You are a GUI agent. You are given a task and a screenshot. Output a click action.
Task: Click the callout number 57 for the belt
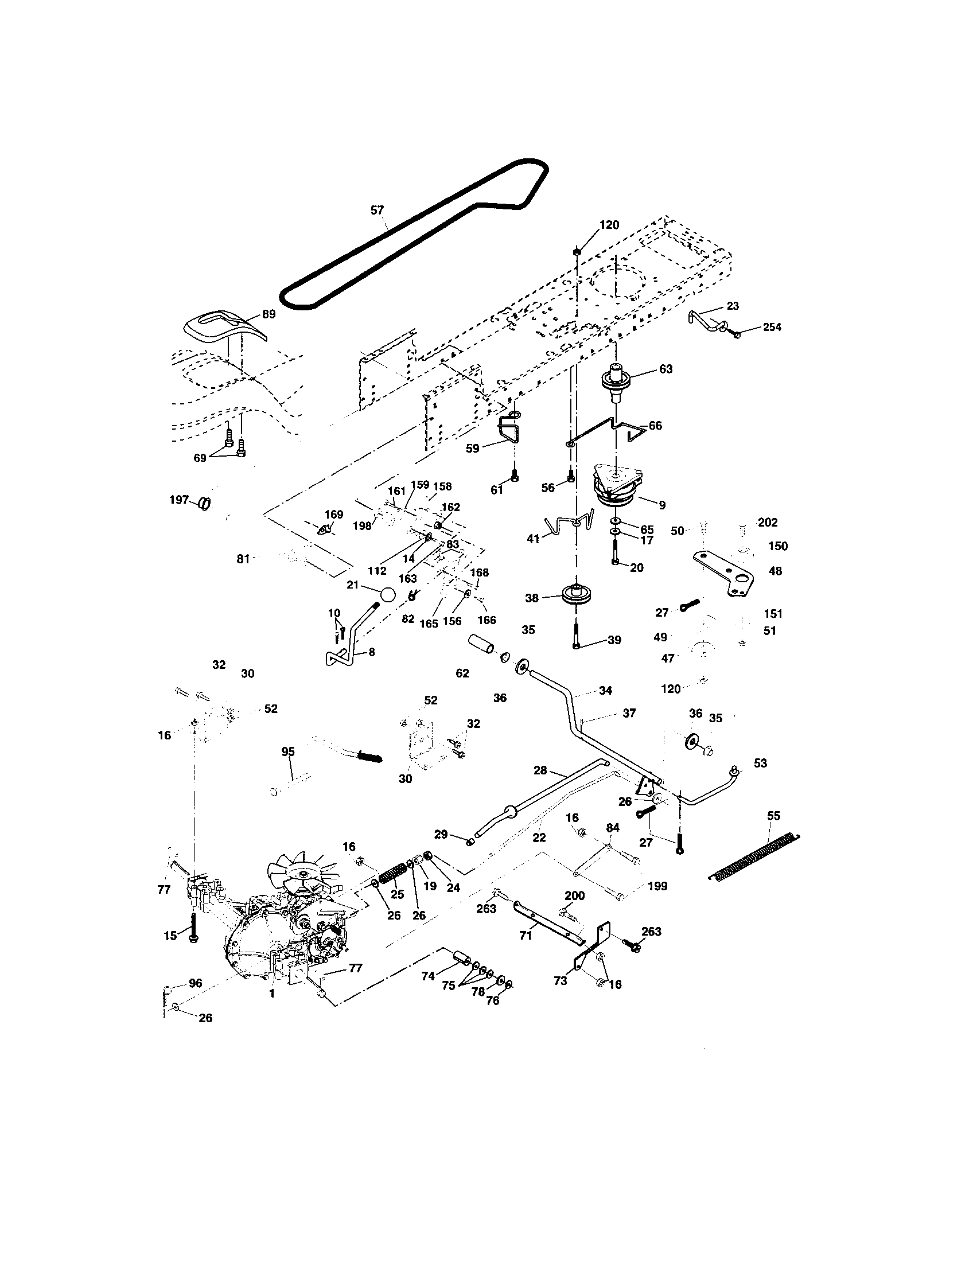(x=377, y=211)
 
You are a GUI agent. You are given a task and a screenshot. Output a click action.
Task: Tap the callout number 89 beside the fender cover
(x=268, y=314)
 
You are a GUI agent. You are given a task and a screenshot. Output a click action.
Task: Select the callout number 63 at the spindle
(x=665, y=369)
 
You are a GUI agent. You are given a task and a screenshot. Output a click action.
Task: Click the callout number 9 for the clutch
(x=662, y=505)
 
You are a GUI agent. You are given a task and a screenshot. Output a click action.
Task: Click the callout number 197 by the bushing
(x=179, y=499)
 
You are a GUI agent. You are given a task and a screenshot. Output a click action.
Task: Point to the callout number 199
(x=657, y=886)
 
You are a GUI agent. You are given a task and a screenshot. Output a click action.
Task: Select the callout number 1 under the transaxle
(x=271, y=994)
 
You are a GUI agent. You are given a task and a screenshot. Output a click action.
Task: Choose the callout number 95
(x=288, y=752)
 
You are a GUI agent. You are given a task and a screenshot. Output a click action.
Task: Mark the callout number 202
(x=767, y=523)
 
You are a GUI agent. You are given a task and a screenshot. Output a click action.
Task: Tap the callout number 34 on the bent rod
(x=605, y=690)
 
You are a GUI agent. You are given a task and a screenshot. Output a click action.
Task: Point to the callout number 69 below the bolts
(x=199, y=458)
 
